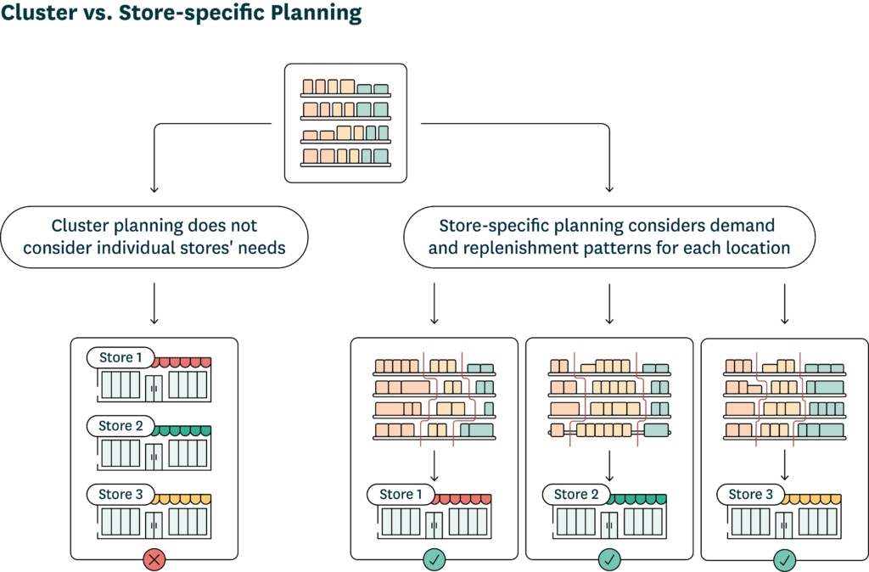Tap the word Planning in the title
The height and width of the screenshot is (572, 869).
[317, 14]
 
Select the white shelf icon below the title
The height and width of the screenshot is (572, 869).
[345, 123]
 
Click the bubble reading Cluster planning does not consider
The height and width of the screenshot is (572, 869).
[154, 237]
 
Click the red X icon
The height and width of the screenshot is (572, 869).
[154, 559]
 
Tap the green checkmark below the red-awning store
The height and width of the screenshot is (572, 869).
[434, 559]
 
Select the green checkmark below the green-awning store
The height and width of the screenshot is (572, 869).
[609, 559]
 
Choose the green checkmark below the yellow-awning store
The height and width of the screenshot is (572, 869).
[784, 559]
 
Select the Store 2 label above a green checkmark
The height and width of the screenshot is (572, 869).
[576, 494]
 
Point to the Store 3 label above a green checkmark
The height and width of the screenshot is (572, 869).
[751, 494]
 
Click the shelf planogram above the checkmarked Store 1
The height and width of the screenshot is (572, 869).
[434, 399]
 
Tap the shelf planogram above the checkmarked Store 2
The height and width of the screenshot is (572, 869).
[609, 399]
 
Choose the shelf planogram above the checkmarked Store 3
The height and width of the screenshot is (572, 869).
[784, 399]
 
